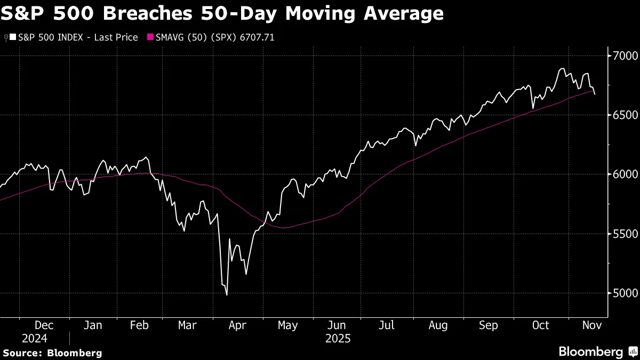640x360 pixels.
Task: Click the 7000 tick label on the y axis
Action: pos(622,55)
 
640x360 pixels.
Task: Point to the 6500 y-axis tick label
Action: pos(622,115)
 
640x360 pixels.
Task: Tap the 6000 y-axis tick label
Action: pos(622,174)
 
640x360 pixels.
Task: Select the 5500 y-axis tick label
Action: pos(622,234)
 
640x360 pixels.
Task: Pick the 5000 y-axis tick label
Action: pos(622,293)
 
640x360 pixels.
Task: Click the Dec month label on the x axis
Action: pos(44,325)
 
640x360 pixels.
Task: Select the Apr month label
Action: pos(237,325)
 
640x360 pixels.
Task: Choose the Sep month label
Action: pos(489,325)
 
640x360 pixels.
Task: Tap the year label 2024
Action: pos(35,338)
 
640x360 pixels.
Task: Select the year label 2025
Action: pos(338,338)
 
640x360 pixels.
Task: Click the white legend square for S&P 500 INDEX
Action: pos(13,37)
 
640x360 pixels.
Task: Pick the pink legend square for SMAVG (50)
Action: pos(150,37)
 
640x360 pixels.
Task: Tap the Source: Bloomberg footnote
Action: pos(52,353)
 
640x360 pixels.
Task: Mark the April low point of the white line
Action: pos(227,295)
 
